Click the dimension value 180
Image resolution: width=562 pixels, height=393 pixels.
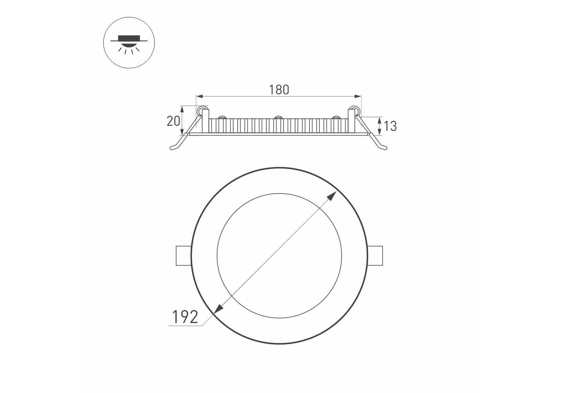279,90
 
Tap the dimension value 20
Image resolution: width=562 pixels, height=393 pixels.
173,121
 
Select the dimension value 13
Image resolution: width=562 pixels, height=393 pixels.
391,126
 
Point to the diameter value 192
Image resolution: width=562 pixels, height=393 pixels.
185,317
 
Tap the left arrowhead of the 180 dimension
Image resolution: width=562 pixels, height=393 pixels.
199,96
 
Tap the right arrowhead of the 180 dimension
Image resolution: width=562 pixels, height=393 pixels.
357,96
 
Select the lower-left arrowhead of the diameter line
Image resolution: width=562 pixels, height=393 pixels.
218,309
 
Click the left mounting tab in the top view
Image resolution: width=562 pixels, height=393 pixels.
184,256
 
